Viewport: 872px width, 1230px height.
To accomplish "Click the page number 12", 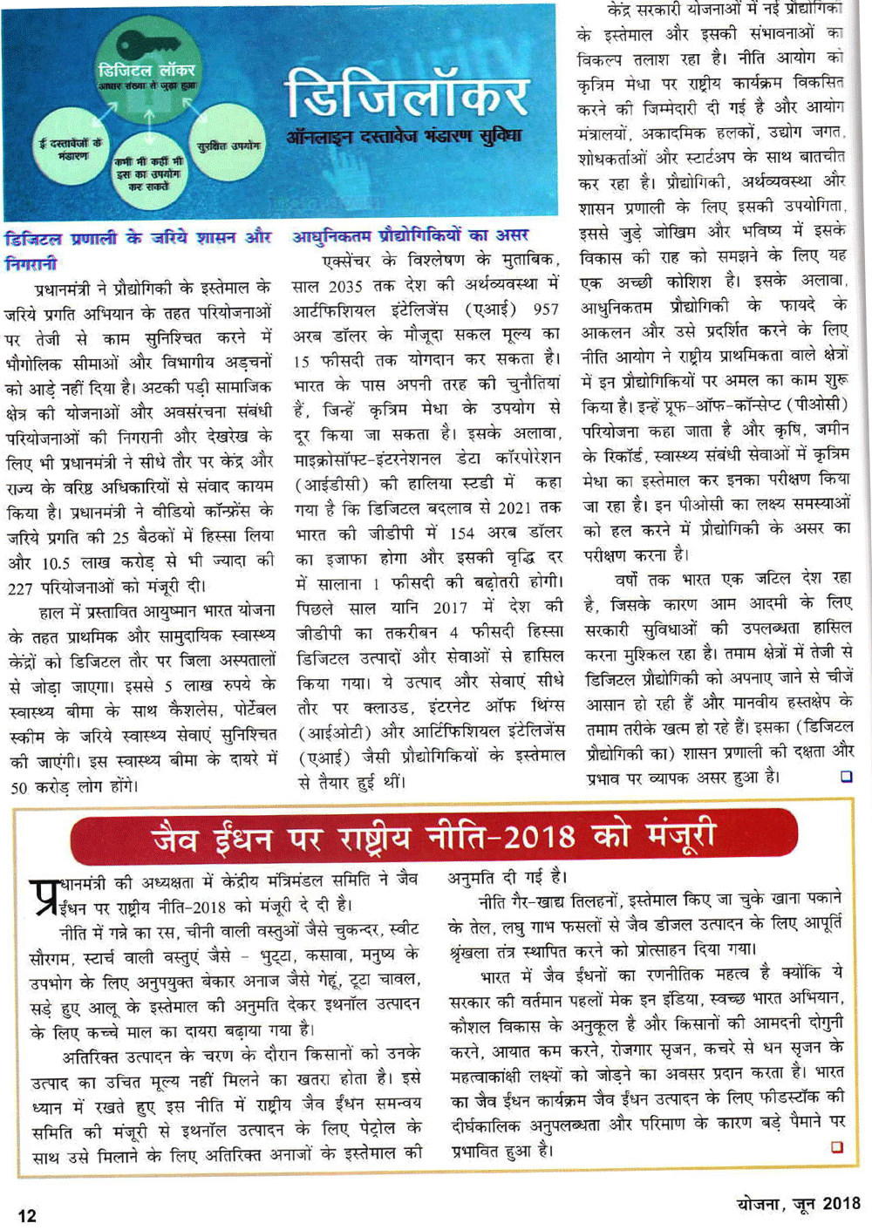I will (x=27, y=1215).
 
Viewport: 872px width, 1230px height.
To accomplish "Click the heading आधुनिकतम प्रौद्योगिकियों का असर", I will (x=410, y=235).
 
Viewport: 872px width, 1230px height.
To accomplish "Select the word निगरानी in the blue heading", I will (x=31, y=262).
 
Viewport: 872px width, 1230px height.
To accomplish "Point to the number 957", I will (x=545, y=309).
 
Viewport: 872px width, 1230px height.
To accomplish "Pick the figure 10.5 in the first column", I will (x=56, y=563).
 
